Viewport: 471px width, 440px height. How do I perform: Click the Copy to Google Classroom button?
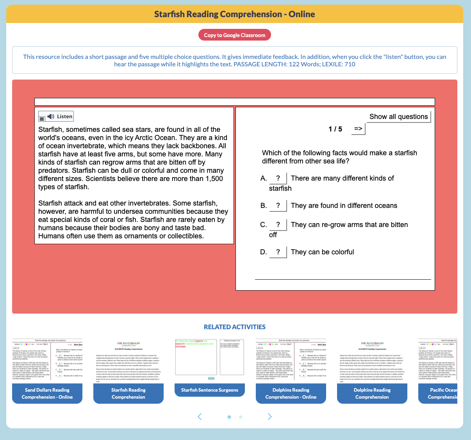(234, 35)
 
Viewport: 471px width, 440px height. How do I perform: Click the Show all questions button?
(398, 117)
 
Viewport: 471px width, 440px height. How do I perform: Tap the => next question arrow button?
(358, 129)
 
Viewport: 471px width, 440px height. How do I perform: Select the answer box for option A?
(278, 178)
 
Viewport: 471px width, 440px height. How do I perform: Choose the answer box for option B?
(278, 206)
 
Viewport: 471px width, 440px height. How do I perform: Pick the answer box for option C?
(278, 225)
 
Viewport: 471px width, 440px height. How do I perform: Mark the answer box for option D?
(278, 252)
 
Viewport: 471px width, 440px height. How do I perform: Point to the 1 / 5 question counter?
(335, 129)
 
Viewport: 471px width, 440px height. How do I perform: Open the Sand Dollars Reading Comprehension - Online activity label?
(47, 393)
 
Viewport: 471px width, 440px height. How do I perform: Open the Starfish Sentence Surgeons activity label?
(210, 390)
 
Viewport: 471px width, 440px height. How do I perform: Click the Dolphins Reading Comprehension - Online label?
(291, 393)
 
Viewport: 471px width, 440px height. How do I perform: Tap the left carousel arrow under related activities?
(200, 417)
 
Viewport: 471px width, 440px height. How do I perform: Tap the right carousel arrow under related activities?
(269, 417)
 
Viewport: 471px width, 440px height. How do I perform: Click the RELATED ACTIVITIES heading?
(235, 327)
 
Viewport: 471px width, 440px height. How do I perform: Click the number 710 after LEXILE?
(350, 64)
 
